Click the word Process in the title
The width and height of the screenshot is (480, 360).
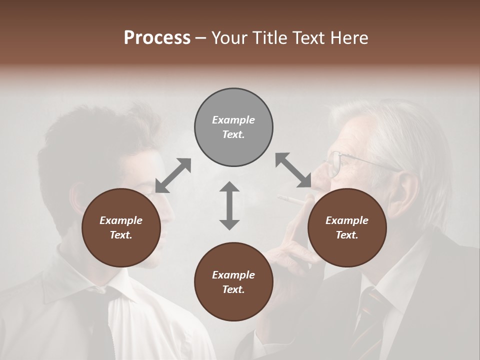pos(157,38)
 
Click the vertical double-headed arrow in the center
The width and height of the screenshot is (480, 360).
pos(229,205)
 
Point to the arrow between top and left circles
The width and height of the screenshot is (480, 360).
pos(173,175)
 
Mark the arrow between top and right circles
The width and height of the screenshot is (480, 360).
pos(293,170)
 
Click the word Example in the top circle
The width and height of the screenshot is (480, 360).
pos(233,120)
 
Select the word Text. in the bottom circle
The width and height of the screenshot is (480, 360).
pos(233,289)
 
